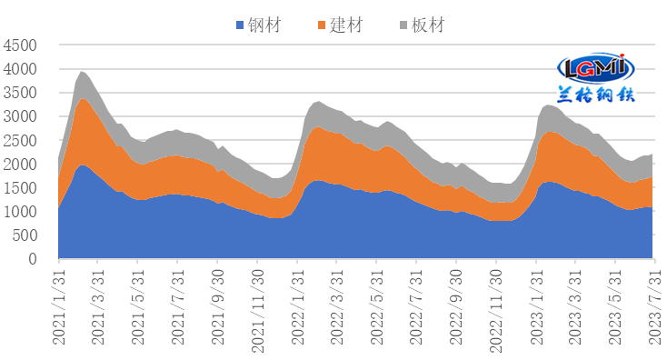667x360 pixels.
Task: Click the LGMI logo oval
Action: coord(596,67)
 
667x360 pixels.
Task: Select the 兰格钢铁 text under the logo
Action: coord(596,94)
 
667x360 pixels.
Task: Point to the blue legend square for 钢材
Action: coord(240,25)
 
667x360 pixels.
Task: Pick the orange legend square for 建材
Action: coord(322,25)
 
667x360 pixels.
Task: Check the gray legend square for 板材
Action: coord(403,25)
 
